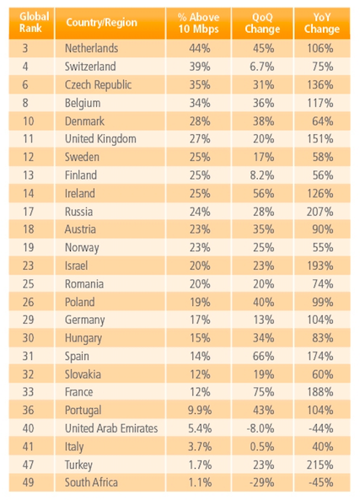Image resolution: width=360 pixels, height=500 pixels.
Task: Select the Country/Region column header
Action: pos(102,22)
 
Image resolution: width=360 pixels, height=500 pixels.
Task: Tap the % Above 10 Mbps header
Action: pos(198,23)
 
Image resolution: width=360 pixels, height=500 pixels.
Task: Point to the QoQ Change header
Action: pos(262,23)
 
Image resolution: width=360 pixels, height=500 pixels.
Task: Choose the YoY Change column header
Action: pos(322,23)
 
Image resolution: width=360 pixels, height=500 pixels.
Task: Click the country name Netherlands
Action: pos(92,48)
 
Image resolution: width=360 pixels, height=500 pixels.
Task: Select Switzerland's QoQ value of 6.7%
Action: pos(262,67)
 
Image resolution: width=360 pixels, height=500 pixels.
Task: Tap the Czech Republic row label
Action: pos(98,85)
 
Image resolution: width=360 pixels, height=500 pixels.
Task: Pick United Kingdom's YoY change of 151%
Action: pos(320,139)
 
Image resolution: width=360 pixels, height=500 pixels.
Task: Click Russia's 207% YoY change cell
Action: pos(320,212)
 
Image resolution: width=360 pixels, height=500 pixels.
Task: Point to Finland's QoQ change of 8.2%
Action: pos(262,175)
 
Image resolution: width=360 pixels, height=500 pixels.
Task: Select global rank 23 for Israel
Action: pos(28,266)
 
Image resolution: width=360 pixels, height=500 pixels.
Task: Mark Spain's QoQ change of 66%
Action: pos(263,356)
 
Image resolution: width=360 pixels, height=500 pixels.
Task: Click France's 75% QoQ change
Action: pos(263,392)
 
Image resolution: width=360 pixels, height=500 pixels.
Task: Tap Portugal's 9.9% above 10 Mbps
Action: pos(200,410)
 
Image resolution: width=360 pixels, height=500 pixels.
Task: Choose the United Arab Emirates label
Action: pos(111,428)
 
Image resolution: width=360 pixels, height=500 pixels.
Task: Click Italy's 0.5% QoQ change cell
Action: pos(262,446)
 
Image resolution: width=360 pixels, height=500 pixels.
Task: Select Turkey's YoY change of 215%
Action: pos(320,465)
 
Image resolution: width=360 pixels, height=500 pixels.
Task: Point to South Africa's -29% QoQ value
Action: pos(261,482)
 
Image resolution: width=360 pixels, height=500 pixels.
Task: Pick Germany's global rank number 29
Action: pos(28,320)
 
